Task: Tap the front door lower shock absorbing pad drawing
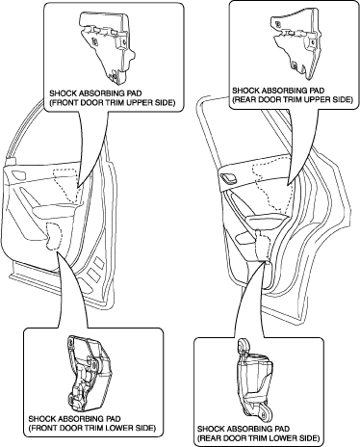89,373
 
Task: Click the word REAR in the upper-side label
243,99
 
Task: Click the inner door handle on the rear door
229,178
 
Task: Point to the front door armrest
56,211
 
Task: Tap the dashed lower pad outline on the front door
54,236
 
